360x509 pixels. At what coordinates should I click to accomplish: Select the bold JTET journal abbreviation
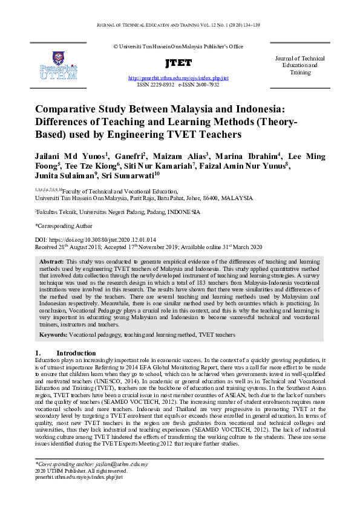pyautogui.click(x=178, y=63)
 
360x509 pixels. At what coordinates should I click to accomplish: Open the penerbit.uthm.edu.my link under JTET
pyautogui.click(x=178, y=79)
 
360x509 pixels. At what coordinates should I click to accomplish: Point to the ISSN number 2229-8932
pyautogui.click(x=160, y=85)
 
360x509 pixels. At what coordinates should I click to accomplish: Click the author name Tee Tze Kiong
pyautogui.click(x=92, y=167)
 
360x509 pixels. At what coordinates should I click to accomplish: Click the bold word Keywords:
pyautogui.click(x=53, y=334)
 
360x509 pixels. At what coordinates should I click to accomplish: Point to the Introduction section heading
pyautogui.click(x=76, y=353)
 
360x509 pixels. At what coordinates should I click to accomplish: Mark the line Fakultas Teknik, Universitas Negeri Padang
pyautogui.click(x=117, y=212)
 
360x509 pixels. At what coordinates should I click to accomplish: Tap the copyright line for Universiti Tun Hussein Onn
pyautogui.click(x=178, y=46)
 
